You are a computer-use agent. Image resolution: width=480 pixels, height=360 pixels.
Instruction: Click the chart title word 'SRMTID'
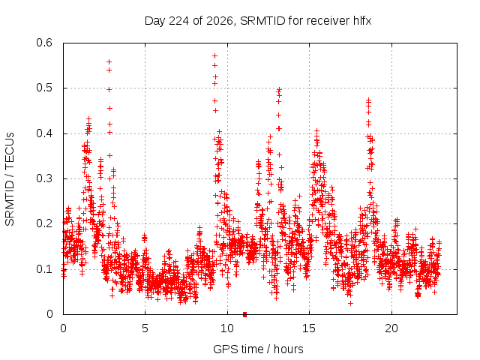click(262, 21)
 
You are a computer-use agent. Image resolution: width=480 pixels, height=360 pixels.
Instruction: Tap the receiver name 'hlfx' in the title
click(362, 21)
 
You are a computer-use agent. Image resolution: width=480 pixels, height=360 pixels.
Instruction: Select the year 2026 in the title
click(220, 21)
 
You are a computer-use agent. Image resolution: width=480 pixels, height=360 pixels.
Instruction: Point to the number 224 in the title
click(178, 21)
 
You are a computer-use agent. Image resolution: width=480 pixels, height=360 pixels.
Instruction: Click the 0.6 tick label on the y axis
click(44, 43)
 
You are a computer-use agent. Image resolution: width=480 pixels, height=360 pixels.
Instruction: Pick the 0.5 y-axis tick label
click(44, 88)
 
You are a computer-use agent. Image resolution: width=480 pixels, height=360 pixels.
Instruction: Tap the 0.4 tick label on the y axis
click(44, 133)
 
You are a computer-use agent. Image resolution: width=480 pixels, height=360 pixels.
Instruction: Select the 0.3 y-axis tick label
click(44, 178)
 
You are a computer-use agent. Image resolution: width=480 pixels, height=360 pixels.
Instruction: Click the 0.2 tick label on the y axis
click(44, 223)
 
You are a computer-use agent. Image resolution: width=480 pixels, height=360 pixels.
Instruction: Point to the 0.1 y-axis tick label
click(44, 269)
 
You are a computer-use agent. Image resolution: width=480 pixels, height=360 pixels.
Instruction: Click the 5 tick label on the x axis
click(145, 328)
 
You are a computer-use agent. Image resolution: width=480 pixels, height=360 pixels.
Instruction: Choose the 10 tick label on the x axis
click(227, 328)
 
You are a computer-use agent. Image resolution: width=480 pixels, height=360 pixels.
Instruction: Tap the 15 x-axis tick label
click(309, 328)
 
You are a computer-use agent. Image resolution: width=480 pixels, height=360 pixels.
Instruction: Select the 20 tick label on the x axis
click(391, 328)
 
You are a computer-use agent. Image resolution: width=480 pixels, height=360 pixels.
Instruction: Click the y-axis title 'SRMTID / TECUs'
click(10, 179)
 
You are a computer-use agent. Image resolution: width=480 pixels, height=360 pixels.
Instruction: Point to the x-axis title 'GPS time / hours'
click(258, 349)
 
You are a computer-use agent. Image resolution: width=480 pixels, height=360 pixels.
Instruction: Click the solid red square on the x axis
click(244, 314)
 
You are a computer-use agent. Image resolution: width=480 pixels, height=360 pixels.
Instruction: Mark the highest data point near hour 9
click(215, 56)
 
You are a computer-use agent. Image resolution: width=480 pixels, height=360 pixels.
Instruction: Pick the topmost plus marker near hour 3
click(109, 61)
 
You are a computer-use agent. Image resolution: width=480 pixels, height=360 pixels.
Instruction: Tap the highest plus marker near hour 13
click(279, 90)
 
